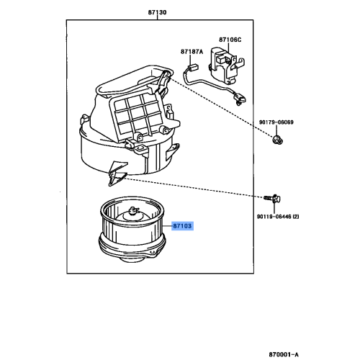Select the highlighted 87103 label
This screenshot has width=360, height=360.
click(182, 225)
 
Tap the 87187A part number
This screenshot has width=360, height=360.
click(192, 52)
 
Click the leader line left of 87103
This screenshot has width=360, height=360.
click(166, 225)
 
